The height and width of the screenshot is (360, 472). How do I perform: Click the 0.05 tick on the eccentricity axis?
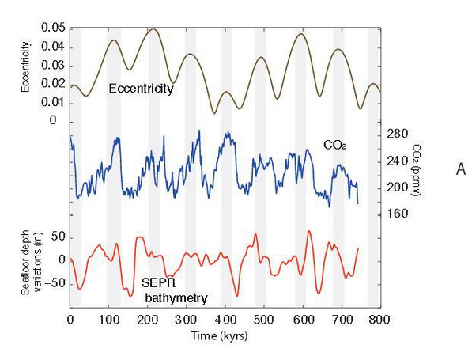coord(53,28)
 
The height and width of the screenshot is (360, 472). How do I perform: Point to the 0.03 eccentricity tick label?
coord(53,66)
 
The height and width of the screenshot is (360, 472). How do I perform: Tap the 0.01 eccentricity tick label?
coord(53,102)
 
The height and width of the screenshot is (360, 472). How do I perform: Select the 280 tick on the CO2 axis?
coord(397,134)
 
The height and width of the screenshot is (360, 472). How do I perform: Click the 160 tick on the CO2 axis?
coord(397,214)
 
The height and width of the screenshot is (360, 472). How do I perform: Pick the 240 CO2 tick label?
coord(397,161)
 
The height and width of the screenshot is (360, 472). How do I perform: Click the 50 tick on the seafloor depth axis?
coord(58,237)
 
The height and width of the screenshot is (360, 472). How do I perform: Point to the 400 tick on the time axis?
coord(225,320)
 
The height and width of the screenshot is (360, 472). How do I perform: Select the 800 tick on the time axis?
coord(379,320)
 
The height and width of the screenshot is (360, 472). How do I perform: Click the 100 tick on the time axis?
coord(108,320)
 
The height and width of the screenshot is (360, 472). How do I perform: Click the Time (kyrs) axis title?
coord(220,335)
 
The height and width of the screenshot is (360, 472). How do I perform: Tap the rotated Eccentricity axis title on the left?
coord(26,67)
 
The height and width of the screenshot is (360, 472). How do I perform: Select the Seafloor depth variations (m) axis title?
coord(32,262)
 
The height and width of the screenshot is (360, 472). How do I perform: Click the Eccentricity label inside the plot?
coord(142,89)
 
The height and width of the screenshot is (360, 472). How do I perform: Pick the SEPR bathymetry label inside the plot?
coord(175,290)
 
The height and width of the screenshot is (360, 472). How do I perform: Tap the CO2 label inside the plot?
coord(334,146)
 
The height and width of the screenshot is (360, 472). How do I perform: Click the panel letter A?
coord(461,169)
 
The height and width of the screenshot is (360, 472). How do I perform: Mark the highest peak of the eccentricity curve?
coord(154,29)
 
